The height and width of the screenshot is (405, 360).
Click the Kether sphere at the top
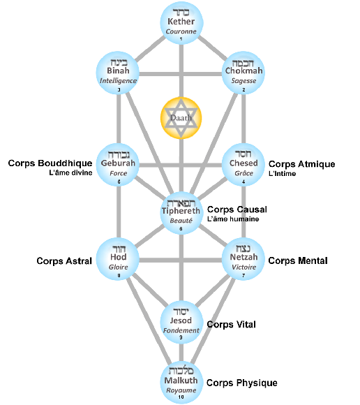pyautogui.click(x=181, y=23)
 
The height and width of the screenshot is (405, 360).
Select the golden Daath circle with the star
pyautogui.click(x=181, y=118)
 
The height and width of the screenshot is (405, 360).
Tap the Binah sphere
pyautogui.click(x=118, y=73)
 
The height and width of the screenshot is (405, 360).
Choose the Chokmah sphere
pyautogui.click(x=243, y=73)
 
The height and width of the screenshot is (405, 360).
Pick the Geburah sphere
pyautogui.click(x=118, y=165)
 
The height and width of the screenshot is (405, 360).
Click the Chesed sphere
pyautogui.click(x=243, y=165)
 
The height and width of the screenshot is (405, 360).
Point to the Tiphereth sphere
pyautogui.click(x=181, y=213)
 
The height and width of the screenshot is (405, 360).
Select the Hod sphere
pyautogui.click(x=118, y=259)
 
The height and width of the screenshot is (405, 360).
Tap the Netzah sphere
pyautogui.click(x=243, y=259)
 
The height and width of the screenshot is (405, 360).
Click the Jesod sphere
pyautogui.click(x=181, y=323)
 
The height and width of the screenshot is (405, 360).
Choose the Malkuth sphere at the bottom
pyautogui.click(x=181, y=383)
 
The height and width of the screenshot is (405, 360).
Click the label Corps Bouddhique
pyautogui.click(x=50, y=163)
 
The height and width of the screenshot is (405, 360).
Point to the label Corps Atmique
pyautogui.click(x=301, y=164)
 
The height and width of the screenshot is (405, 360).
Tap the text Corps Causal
pyautogui.click(x=237, y=209)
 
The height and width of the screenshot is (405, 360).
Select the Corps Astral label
pyautogui.click(x=64, y=261)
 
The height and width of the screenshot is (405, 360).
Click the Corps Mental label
pyautogui.click(x=298, y=260)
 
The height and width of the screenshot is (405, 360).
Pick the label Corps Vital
pyautogui.click(x=231, y=325)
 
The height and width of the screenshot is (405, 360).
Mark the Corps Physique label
pyautogui.click(x=242, y=383)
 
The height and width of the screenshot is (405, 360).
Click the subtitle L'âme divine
pyautogui.click(x=70, y=172)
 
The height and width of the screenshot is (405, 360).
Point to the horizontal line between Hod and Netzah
pyautogui.click(x=181, y=260)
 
